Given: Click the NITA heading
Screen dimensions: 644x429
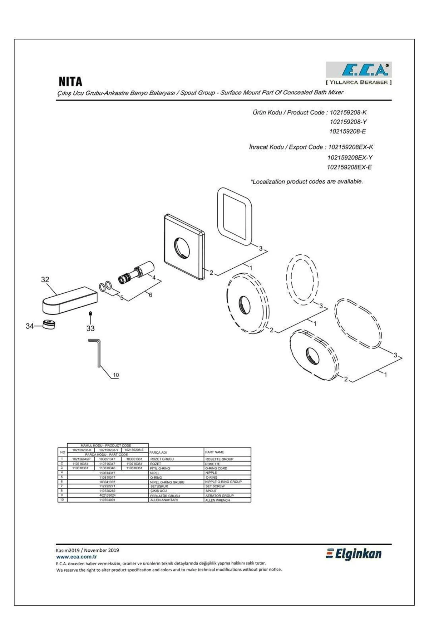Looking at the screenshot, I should [70, 82].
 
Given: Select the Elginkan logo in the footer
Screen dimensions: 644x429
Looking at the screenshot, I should [354, 554].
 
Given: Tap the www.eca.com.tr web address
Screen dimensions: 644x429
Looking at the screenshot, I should [77, 557].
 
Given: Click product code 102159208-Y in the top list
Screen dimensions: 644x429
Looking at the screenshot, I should [348, 122].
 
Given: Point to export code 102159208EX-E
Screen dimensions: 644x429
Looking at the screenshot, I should [349, 167].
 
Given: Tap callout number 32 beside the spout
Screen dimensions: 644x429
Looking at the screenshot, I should [45, 280].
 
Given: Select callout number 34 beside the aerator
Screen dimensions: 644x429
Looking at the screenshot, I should [30, 326].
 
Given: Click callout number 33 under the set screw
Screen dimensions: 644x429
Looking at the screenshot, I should [90, 328].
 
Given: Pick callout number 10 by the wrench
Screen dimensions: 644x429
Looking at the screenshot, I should [116, 375].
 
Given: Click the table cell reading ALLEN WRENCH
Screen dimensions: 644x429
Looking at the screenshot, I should [217, 500].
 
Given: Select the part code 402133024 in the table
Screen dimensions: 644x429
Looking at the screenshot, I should [107, 496].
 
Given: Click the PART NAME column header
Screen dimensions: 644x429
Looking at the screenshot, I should [214, 452].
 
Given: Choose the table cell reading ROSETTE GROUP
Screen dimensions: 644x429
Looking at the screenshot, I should [219, 459].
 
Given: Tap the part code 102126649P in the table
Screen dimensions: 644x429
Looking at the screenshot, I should [81, 459].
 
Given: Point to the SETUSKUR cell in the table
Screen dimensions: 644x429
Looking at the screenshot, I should [159, 487].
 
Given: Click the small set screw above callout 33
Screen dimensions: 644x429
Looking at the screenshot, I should [90, 314].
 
